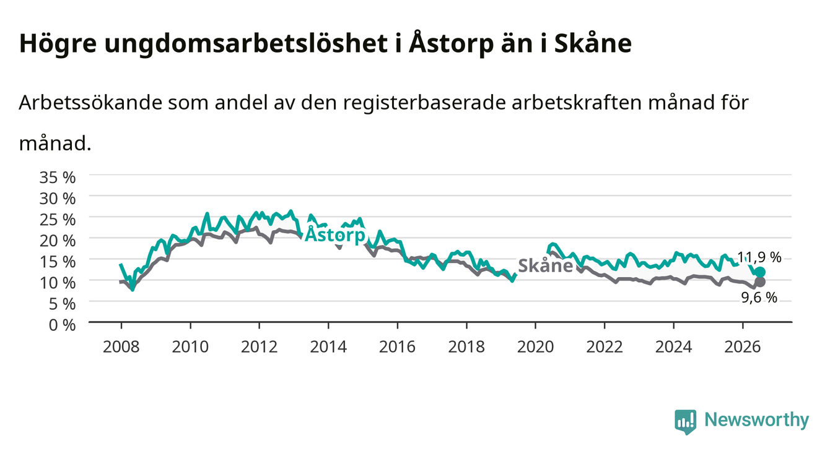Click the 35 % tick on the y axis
[x=58, y=178]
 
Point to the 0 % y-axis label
[x=62, y=325]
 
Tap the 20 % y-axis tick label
[x=58, y=241]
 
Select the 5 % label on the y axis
[x=62, y=304]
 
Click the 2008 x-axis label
[x=121, y=347]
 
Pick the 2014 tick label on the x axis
[x=328, y=347]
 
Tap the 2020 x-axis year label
[x=535, y=347]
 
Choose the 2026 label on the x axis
[x=743, y=347]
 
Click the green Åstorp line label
[x=334, y=234]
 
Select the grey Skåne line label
[x=546, y=266]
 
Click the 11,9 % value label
[x=759, y=257]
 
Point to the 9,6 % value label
[x=759, y=298]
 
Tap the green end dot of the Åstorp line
[x=760, y=272]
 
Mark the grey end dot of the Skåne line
[x=760, y=282]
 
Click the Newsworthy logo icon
[x=686, y=422]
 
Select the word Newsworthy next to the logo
[x=757, y=420]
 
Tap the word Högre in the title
[x=58, y=44]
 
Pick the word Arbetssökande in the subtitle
[x=90, y=102]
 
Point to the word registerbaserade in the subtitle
[x=424, y=103]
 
